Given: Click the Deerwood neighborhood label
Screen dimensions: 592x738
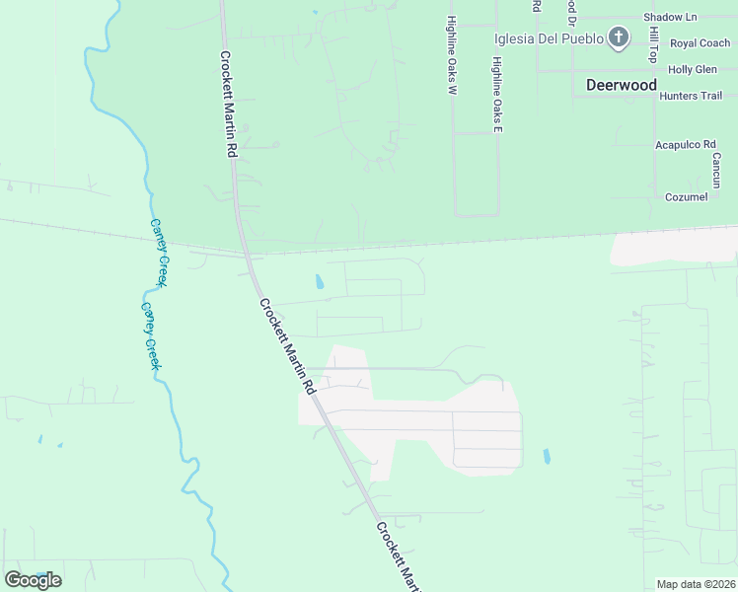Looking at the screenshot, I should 621,85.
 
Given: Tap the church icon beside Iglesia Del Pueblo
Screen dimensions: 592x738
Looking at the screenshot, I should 619,38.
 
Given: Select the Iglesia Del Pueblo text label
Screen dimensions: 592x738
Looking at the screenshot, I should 549,38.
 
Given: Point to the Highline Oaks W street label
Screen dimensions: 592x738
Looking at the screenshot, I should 451,55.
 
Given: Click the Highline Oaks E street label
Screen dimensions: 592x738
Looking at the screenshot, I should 497,96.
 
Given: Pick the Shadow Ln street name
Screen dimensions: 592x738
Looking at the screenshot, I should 669,18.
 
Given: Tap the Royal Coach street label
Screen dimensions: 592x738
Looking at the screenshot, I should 700,43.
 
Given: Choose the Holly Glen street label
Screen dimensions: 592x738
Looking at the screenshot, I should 692,70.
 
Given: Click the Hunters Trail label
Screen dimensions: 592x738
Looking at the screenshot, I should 691,96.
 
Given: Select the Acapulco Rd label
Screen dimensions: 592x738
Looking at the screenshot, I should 685,145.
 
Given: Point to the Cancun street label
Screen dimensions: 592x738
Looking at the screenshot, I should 716,170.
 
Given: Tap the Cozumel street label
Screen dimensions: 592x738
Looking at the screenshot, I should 686,197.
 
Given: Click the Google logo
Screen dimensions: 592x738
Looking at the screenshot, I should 33,580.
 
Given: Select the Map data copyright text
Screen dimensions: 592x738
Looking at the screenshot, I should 696,584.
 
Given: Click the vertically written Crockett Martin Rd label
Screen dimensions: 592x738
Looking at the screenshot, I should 228,105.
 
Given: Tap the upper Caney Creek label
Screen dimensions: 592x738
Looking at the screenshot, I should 158,253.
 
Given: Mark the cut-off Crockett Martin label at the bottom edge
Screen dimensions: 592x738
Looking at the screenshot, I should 401,556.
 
